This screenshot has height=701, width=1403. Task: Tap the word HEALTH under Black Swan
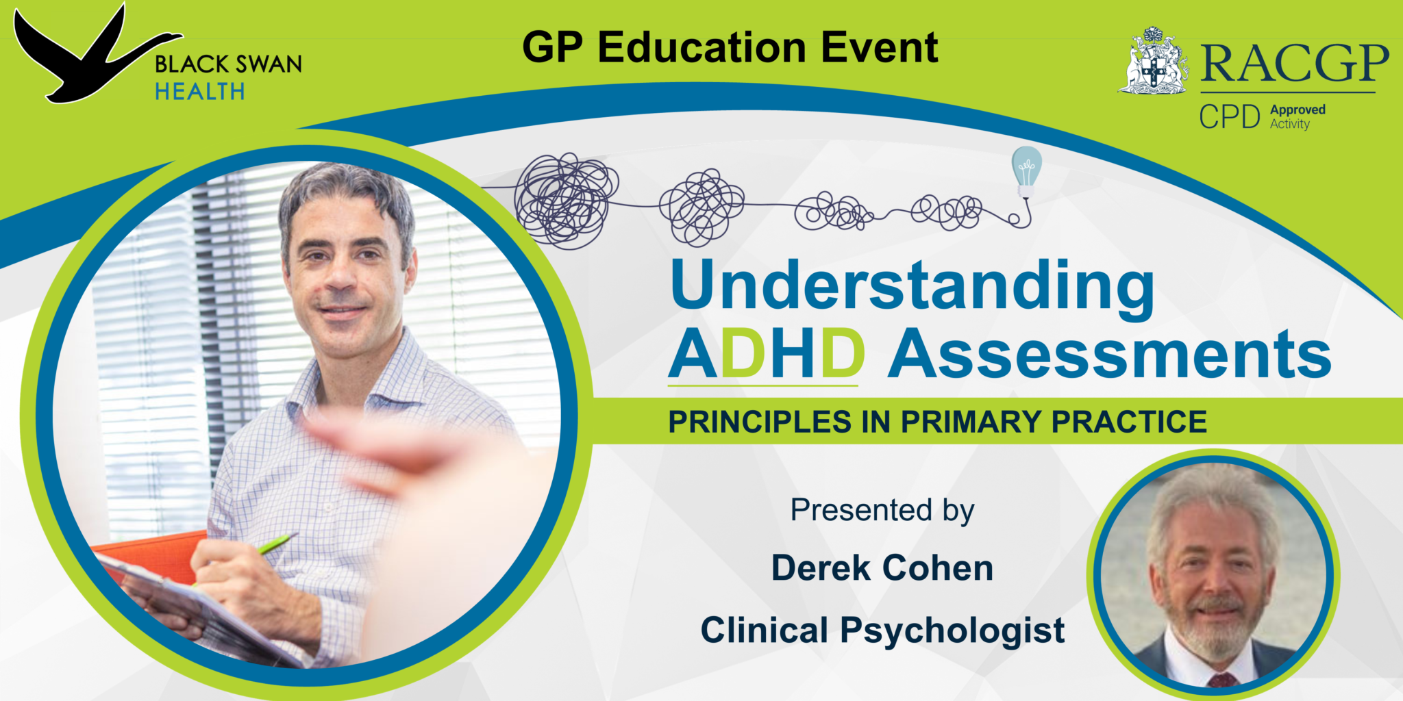tap(199, 92)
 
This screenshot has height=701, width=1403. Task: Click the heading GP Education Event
tap(730, 47)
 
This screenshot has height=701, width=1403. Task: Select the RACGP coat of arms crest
tap(1154, 62)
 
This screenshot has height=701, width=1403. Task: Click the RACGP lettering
tap(1294, 64)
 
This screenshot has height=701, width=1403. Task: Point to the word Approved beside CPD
tap(1298, 110)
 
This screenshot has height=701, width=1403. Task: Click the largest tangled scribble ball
tap(566, 200)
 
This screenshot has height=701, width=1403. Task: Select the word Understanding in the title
tap(911, 287)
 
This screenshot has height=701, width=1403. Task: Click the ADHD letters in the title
tap(766, 355)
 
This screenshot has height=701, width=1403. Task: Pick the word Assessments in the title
tap(1109, 355)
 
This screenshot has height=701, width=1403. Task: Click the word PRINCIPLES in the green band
tap(760, 422)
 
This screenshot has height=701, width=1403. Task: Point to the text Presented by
tap(882, 511)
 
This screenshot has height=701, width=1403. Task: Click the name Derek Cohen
tap(882, 568)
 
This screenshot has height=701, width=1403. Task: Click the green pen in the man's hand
tap(277, 544)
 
